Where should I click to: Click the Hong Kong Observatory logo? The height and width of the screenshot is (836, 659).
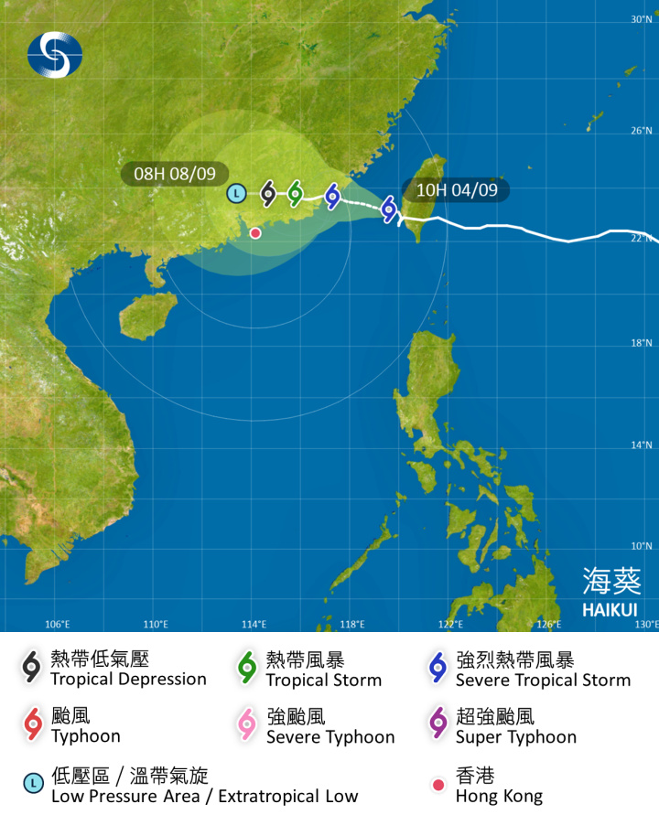pyautogui.click(x=55, y=55)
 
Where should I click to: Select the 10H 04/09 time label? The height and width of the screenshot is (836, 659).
pyautogui.click(x=457, y=190)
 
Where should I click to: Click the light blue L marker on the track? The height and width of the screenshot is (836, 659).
pyautogui.click(x=236, y=193)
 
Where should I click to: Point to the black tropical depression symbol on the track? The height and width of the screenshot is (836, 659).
pyautogui.click(x=268, y=192)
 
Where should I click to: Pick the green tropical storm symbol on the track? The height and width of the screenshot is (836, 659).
pyautogui.click(x=295, y=192)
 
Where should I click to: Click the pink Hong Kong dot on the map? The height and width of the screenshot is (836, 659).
pyautogui.click(x=255, y=233)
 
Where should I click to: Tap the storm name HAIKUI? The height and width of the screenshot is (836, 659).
pyautogui.click(x=610, y=609)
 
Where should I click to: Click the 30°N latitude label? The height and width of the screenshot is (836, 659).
pyautogui.click(x=641, y=19)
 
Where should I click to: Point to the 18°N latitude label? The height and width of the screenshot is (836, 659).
pyautogui.click(x=641, y=343)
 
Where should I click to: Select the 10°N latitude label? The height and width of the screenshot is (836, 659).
pyautogui.click(x=641, y=546)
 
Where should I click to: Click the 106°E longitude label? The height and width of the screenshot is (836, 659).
pyautogui.click(x=58, y=625)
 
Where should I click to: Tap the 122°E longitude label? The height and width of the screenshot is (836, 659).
pyautogui.click(x=450, y=625)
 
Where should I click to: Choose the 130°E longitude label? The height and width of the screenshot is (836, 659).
pyautogui.click(x=646, y=625)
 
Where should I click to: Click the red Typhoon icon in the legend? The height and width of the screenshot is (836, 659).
pyautogui.click(x=33, y=725)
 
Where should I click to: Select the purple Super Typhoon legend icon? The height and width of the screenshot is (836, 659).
pyautogui.click(x=438, y=725)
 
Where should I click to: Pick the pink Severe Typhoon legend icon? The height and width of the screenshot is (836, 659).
pyautogui.click(x=247, y=725)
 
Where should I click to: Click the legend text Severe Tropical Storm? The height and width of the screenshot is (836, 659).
pyautogui.click(x=543, y=680)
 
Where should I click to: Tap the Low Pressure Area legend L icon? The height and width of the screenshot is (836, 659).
pyautogui.click(x=33, y=784)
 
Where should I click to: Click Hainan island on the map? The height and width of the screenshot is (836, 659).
pyautogui.click(x=146, y=316)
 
